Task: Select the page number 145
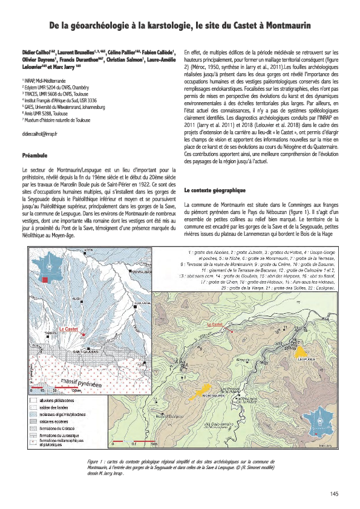click(334, 494)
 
